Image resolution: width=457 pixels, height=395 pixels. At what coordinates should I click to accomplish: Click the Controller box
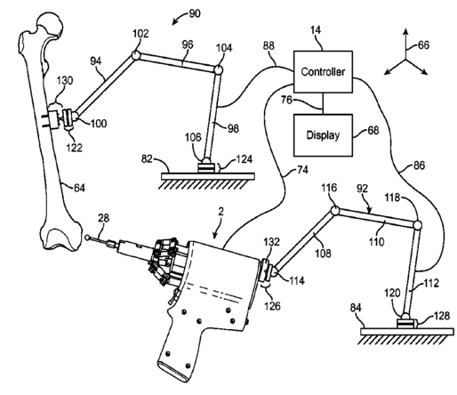pyautogui.click(x=323, y=72)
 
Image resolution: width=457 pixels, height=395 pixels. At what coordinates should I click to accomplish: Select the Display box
pyautogui.click(x=323, y=135)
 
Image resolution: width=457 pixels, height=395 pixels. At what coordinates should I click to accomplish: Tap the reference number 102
pyautogui.click(x=140, y=34)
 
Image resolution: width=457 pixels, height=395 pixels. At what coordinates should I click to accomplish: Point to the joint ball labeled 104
pyautogui.click(x=218, y=70)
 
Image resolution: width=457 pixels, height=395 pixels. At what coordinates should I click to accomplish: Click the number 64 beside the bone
pyautogui.click(x=79, y=188)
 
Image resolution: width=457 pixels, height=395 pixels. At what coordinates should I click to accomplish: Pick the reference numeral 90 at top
pyautogui.click(x=194, y=13)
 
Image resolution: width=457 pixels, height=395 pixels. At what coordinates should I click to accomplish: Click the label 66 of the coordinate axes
pyautogui.click(x=423, y=45)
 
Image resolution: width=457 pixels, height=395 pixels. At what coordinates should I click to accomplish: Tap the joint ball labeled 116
pyautogui.click(x=335, y=211)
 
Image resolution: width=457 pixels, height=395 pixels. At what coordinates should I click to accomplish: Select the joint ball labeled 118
pyautogui.click(x=417, y=225)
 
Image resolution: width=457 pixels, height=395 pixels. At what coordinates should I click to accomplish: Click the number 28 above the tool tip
pyautogui.click(x=104, y=218)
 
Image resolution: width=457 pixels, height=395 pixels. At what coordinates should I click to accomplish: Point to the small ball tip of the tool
pyautogui.click(x=87, y=238)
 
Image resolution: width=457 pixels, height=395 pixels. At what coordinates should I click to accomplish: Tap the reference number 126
pyautogui.click(x=272, y=305)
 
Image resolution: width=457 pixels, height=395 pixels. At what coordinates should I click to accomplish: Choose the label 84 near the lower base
pyautogui.click(x=356, y=308)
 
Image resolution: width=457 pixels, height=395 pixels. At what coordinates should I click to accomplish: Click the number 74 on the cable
pyautogui.click(x=302, y=170)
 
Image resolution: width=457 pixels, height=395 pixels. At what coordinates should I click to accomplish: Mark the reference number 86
pyautogui.click(x=419, y=165)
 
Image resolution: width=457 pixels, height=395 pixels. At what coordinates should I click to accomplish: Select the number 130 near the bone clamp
pyautogui.click(x=65, y=80)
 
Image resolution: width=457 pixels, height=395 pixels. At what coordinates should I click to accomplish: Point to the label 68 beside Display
pyautogui.click(x=373, y=130)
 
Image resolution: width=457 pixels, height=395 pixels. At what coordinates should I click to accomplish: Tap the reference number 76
pyautogui.click(x=286, y=100)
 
